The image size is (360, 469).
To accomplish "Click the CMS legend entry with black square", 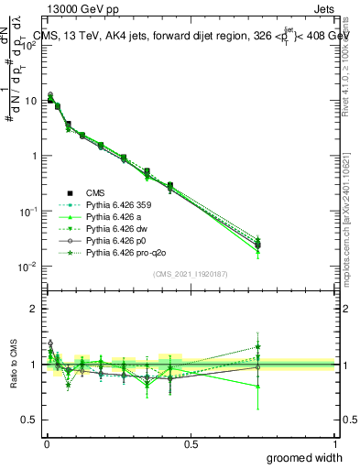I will click(97, 193).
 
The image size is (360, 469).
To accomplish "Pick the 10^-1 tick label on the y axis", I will click(27, 212).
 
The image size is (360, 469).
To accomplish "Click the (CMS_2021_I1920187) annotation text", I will click(191, 273).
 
